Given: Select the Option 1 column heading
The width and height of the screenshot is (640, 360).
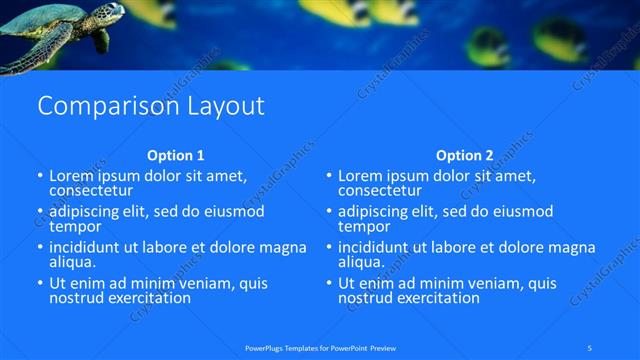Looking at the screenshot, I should click(x=176, y=155).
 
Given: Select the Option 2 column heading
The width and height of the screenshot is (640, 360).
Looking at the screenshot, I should click(x=464, y=155).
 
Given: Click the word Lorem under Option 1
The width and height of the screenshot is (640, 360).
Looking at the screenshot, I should click(x=72, y=175).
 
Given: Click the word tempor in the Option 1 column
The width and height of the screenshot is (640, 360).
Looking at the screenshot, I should click(x=71, y=226).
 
